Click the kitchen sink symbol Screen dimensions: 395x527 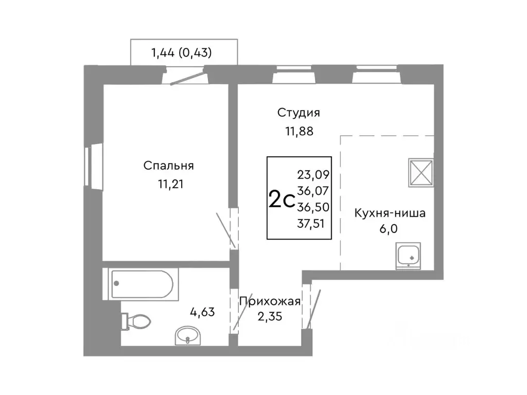tap(409, 256)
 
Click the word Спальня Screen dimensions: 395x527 tap(168, 166)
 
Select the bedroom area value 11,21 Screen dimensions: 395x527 tap(169, 184)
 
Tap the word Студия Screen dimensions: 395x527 tap(298, 113)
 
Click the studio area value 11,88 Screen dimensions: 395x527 tap(300, 131)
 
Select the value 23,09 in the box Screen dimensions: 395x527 tap(314, 174)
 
